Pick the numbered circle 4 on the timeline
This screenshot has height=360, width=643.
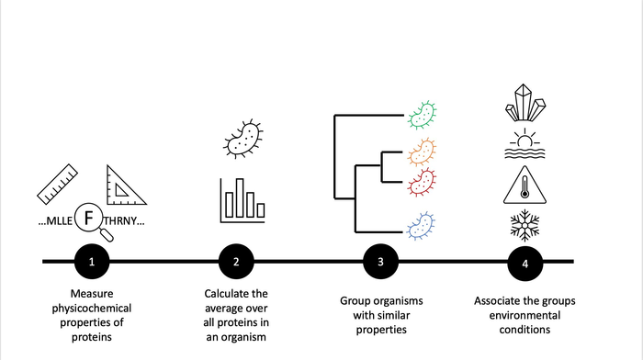[x=525, y=263]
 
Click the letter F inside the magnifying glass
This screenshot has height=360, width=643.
[x=89, y=220]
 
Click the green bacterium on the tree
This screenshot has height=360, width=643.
[x=423, y=115]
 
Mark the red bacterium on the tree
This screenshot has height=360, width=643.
[x=423, y=180]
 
